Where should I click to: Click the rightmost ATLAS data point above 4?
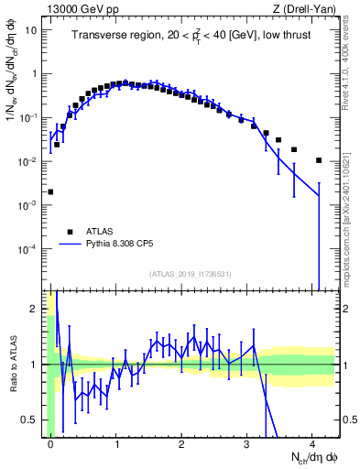tap(319, 160)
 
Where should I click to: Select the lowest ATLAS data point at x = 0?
tap(50, 192)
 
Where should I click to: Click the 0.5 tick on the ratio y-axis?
tap(33, 420)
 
